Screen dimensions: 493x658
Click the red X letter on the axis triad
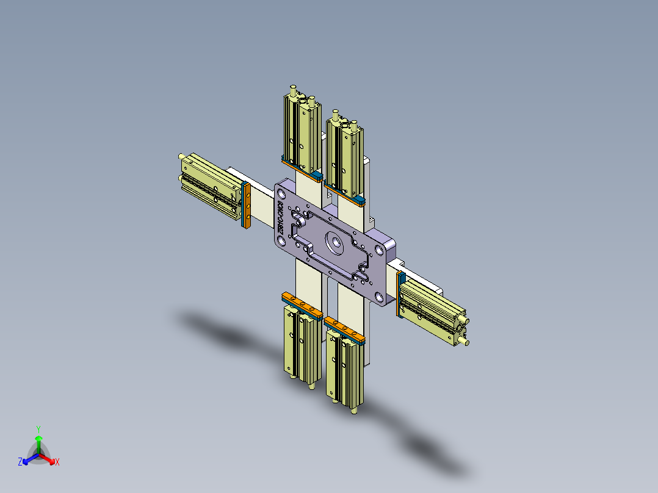click(x=57, y=462)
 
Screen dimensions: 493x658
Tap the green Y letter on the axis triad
click(x=38, y=428)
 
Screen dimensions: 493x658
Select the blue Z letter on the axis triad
click(x=20, y=462)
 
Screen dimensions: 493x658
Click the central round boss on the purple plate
click(x=334, y=243)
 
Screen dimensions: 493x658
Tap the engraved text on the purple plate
click(x=281, y=217)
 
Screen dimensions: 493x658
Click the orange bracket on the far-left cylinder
click(x=248, y=204)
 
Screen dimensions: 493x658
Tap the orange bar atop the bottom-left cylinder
click(x=302, y=305)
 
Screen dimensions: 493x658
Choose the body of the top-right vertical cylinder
click(x=345, y=156)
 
